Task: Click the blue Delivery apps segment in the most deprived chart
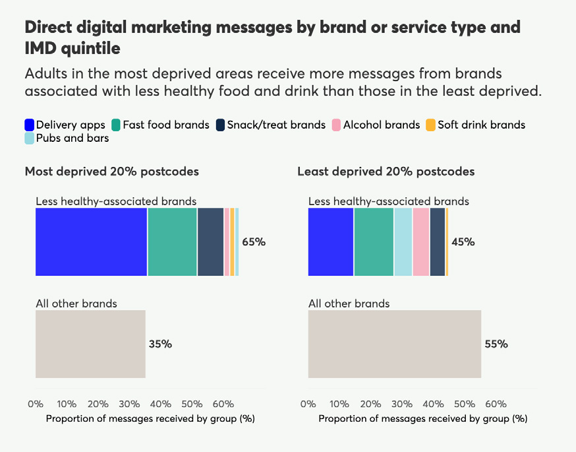click(91, 242)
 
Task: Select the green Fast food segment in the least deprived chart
click(374, 242)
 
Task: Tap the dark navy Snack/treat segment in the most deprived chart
click(210, 242)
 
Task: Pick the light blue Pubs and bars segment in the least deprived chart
click(403, 242)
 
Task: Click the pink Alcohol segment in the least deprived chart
click(420, 242)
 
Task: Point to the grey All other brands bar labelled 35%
click(90, 344)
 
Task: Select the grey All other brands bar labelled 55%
click(394, 344)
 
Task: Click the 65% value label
click(254, 242)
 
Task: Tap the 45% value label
click(463, 242)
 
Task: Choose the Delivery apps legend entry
click(65, 125)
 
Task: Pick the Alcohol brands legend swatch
click(336, 125)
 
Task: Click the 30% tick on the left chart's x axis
click(129, 404)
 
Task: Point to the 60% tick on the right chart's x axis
click(496, 404)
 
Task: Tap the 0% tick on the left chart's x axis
click(36, 404)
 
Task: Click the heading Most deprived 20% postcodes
click(111, 172)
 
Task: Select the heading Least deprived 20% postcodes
click(386, 172)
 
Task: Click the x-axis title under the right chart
click(422, 418)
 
